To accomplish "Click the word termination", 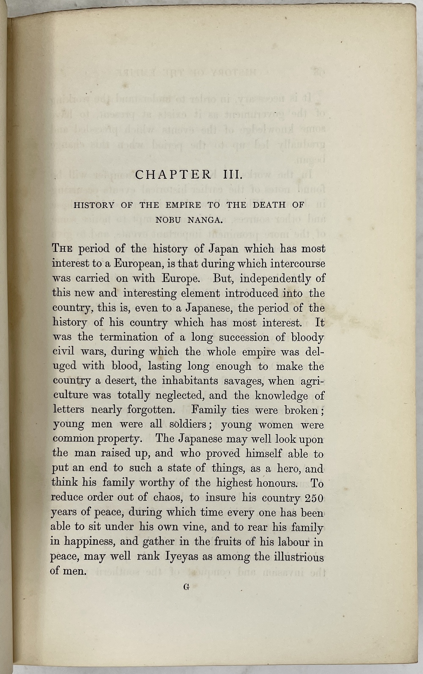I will tap(126, 337).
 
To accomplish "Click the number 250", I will tap(314, 498).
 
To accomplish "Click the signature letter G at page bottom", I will tap(186, 587).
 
